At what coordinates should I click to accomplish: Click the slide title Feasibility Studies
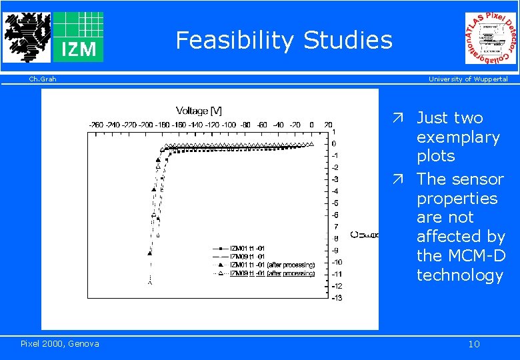click(x=284, y=41)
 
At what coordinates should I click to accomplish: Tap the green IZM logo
click(x=78, y=37)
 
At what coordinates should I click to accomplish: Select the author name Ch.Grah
click(x=42, y=79)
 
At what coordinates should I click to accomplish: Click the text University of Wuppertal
click(x=467, y=79)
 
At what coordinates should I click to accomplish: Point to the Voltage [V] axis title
click(x=199, y=110)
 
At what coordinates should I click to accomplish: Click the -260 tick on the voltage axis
click(x=97, y=125)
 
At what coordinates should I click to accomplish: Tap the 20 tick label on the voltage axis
click(x=328, y=125)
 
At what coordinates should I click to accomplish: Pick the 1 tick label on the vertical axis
click(x=334, y=132)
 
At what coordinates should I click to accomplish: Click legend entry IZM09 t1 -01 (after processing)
click(x=272, y=273)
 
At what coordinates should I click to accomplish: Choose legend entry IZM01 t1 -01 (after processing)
click(x=272, y=265)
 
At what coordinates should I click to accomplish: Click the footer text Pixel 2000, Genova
click(x=59, y=343)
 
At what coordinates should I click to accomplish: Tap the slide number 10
click(x=473, y=344)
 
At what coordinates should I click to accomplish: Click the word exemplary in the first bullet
click(x=458, y=137)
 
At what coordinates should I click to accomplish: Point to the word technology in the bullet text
click(x=459, y=275)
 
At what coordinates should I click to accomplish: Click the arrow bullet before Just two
click(x=397, y=119)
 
